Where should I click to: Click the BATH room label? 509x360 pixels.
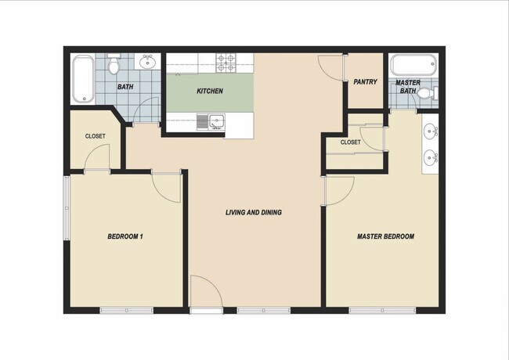point(125,87)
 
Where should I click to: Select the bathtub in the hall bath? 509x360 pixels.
point(82,79)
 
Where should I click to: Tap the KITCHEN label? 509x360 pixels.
point(209,92)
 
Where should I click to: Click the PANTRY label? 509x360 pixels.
point(365,81)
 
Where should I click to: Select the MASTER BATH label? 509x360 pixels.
point(407,87)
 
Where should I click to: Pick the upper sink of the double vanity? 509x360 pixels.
point(431,130)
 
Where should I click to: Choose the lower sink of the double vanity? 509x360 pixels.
point(431,158)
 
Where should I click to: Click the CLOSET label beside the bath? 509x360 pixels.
point(95,136)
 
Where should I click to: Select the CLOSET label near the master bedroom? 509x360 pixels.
point(350,142)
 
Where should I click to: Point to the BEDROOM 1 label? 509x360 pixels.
point(125,236)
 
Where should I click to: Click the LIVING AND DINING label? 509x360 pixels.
point(253,213)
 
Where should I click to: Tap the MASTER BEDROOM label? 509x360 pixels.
point(385,236)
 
